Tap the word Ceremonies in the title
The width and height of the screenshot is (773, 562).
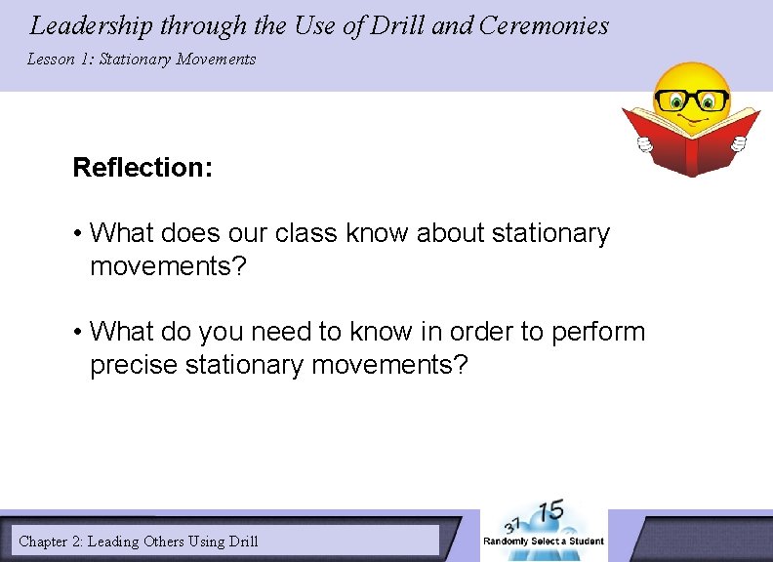pyautogui.click(x=544, y=25)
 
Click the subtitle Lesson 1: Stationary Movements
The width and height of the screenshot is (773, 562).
pyautogui.click(x=142, y=60)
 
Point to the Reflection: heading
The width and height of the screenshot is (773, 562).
pyautogui.click(x=142, y=168)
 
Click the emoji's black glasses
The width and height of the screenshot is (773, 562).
pyautogui.click(x=691, y=100)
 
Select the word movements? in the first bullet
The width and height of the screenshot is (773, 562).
pyautogui.click(x=169, y=266)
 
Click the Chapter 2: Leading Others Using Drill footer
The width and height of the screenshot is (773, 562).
pyautogui.click(x=139, y=541)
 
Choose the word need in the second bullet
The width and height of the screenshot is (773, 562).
pyautogui.click(x=281, y=333)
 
